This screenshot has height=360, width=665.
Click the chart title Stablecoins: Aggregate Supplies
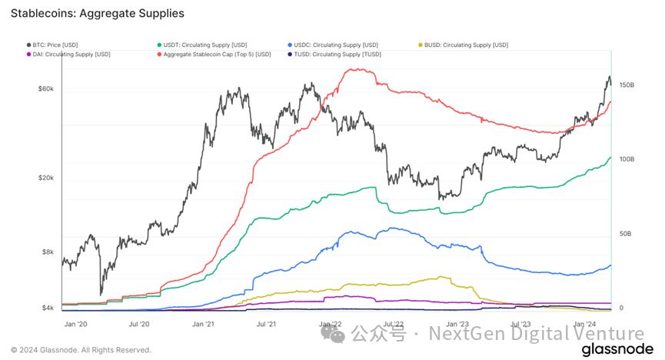pos(97,13)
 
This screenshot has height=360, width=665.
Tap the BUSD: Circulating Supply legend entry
pos(466,45)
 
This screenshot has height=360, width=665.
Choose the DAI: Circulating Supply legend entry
pos(68,54)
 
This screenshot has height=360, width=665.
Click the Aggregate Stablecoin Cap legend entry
pos(218,54)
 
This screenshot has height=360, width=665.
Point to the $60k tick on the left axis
pos(46,89)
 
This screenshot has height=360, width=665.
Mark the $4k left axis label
pos(48,308)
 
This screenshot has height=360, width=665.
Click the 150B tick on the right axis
pos(627,85)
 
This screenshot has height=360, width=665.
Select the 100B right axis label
pos(627,159)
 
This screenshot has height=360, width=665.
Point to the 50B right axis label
pos(625,234)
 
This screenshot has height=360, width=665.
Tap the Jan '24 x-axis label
pos(585,325)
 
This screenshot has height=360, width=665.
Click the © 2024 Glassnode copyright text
pos(81,350)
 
